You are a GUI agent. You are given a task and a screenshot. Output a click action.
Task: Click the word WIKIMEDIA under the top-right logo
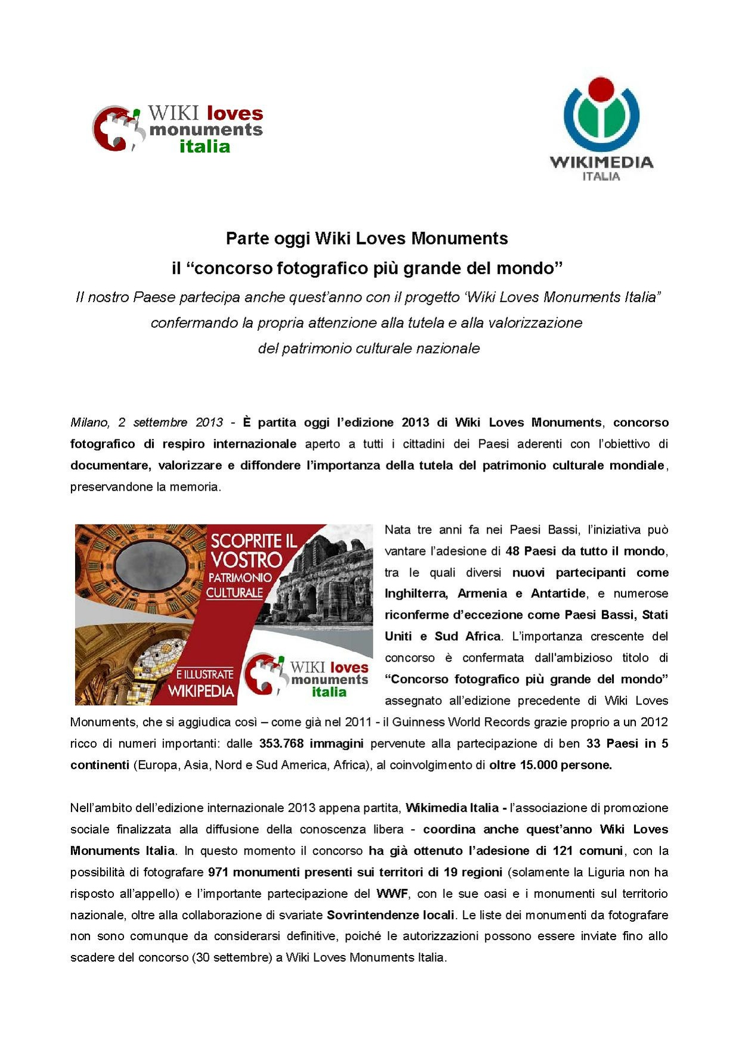pyautogui.click(x=601, y=162)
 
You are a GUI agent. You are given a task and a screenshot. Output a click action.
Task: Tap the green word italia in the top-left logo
pyautogui.click(x=205, y=147)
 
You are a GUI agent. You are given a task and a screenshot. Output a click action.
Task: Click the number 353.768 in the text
pyautogui.click(x=281, y=743)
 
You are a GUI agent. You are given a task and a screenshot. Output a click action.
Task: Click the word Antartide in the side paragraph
pyautogui.click(x=558, y=594)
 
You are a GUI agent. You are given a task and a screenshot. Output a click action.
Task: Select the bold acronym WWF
pyautogui.click(x=392, y=894)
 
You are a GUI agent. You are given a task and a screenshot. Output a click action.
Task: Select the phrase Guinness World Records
pyautogui.click(x=454, y=722)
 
